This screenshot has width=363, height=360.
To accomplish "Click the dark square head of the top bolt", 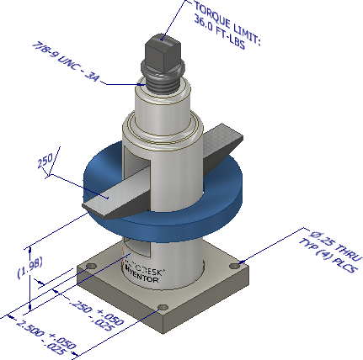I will tap(164, 45).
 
